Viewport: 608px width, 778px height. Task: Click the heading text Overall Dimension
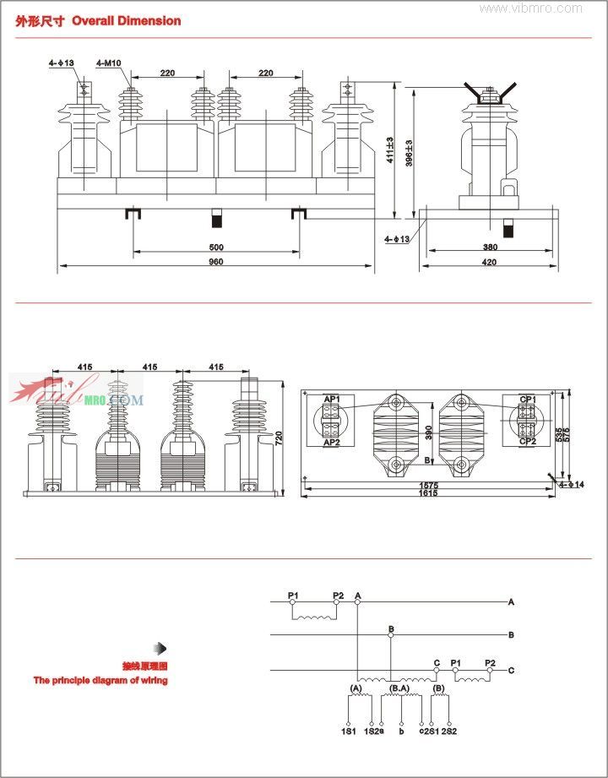click(126, 20)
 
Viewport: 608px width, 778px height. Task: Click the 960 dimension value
click(215, 262)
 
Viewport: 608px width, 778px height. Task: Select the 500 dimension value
click(215, 248)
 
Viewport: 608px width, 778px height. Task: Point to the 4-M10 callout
click(108, 63)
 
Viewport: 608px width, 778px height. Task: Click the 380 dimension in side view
click(490, 248)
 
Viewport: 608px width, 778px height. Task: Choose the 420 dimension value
click(490, 262)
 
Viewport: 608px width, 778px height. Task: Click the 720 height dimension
click(280, 437)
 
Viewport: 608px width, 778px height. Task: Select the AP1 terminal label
click(331, 399)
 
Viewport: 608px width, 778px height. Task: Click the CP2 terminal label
click(527, 442)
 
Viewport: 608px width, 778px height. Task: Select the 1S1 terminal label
click(348, 731)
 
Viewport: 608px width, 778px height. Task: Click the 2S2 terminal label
click(448, 731)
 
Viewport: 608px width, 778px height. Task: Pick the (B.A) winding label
click(400, 689)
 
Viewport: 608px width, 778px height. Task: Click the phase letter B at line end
click(511, 634)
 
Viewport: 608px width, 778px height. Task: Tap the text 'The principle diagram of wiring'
click(100, 680)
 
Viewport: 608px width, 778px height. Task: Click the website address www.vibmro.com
click(531, 8)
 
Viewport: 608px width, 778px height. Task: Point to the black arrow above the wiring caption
click(161, 648)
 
